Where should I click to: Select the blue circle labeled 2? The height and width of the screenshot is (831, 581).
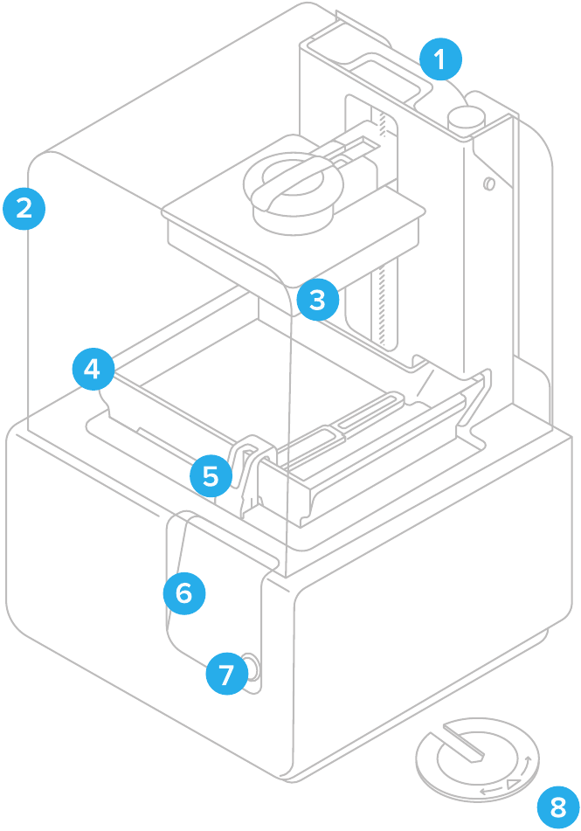point(24,208)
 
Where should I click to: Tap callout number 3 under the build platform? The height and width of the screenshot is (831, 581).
point(317,300)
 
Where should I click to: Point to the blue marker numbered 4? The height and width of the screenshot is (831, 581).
point(93,370)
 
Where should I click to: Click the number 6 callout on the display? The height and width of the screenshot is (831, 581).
point(184,593)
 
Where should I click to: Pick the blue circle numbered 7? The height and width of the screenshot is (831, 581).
point(226,675)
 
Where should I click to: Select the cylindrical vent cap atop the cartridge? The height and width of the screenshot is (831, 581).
point(467,118)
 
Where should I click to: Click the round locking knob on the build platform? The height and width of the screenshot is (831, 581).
point(289,185)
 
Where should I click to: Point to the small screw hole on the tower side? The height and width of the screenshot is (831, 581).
point(489,184)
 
